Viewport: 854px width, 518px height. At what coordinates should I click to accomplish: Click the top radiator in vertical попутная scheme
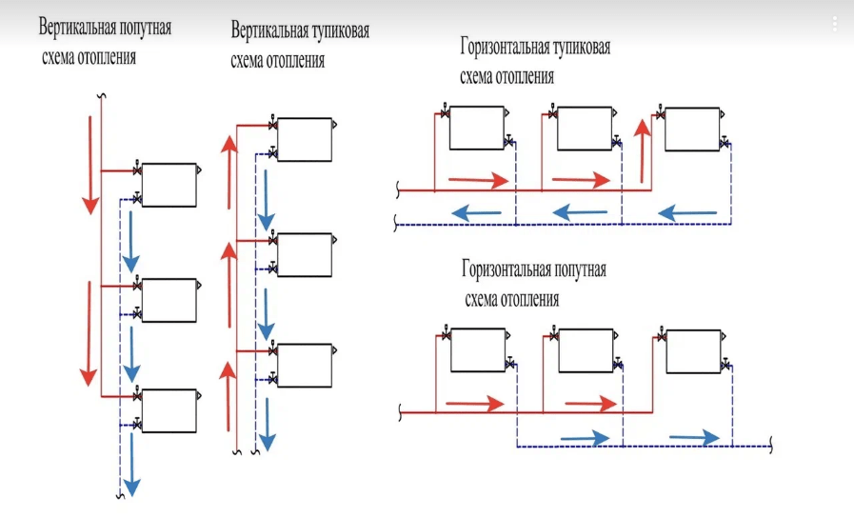coord(169,185)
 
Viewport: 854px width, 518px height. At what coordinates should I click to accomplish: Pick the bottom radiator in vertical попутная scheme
coord(169,410)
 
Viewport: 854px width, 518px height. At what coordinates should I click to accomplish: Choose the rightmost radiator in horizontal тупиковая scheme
coord(691,129)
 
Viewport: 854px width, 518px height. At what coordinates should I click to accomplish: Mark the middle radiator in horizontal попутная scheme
coord(583,350)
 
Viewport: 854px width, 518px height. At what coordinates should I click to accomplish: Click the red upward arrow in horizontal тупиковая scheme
coord(642,144)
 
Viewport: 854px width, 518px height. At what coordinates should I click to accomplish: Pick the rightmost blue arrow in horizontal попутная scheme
coord(693,437)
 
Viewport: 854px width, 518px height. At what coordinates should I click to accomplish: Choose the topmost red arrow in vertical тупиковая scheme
coord(228,171)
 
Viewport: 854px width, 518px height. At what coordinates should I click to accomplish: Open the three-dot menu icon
coord(834,23)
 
